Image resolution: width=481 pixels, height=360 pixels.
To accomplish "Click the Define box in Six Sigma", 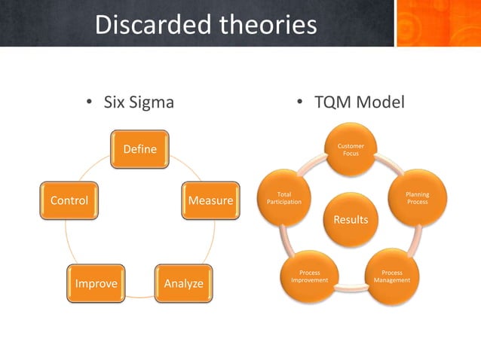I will click(140, 149).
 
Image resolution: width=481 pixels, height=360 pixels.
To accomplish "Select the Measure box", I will click(211, 201).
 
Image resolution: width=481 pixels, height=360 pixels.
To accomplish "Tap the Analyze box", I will click(184, 283).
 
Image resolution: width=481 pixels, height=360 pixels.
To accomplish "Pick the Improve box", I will click(96, 283).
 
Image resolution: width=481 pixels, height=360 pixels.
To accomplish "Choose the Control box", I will click(69, 201).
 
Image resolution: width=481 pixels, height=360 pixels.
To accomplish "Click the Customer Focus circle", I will click(351, 149).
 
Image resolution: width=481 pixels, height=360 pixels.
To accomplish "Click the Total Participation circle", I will click(284, 199).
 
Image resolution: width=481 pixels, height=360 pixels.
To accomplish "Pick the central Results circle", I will click(351, 219).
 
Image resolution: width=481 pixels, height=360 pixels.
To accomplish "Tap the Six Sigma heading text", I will click(139, 102).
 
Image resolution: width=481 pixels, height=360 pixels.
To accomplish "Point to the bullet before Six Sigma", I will click(88, 102).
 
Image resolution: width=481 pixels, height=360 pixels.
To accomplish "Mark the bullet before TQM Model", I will click(299, 102).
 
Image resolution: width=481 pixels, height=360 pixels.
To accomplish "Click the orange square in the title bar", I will click(438, 23).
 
